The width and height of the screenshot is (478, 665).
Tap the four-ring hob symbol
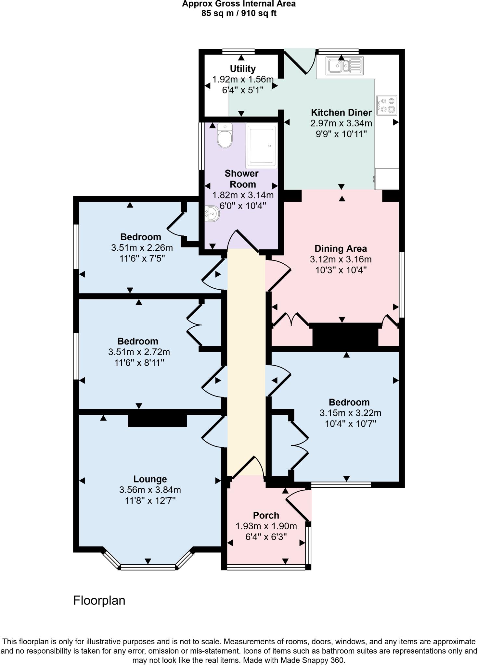(387, 105)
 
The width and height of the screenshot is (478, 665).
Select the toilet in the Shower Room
(225, 136)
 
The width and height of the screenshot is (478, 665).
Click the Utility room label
(242, 69)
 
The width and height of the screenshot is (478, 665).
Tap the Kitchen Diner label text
(341, 113)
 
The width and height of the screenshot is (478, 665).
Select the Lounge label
(150, 479)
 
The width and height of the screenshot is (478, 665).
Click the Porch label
(266, 515)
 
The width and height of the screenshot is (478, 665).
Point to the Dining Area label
(341, 249)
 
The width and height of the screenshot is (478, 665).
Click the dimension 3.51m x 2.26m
(142, 248)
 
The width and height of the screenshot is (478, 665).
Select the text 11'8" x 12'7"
(150, 501)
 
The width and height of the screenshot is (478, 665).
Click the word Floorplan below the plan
(99, 601)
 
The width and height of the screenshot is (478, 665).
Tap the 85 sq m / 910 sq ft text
(239, 13)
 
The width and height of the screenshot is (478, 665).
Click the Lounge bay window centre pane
(148, 567)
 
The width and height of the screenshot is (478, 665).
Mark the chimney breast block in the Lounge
(157, 420)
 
